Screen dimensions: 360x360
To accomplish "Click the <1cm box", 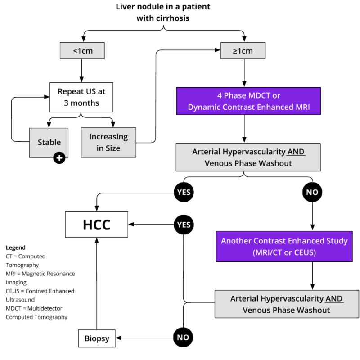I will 82,51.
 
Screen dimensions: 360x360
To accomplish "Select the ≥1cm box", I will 243,51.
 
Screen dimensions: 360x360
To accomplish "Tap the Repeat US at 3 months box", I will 81,97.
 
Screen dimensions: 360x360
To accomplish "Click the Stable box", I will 49,143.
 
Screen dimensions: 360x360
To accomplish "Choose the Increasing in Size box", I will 108,143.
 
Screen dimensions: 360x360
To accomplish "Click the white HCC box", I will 96,225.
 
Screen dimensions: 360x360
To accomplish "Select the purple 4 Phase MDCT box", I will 248,101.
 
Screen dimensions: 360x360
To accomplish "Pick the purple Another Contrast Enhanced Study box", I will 284,247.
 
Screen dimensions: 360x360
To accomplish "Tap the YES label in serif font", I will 180,240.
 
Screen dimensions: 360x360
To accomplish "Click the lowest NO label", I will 183,337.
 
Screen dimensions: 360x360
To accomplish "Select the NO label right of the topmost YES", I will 312,193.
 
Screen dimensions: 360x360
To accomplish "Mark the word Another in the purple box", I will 236,241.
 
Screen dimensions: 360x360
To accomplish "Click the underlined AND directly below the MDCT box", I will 296,152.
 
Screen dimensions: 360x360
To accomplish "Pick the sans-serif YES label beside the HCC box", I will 184,225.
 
